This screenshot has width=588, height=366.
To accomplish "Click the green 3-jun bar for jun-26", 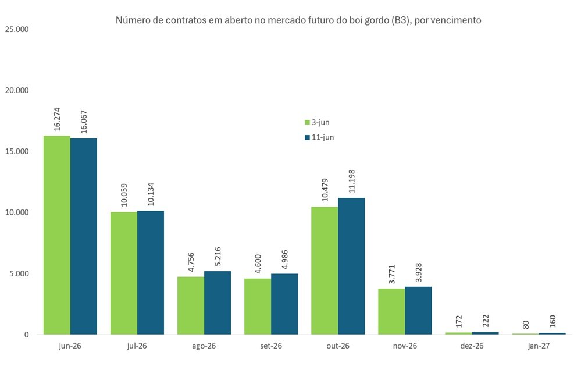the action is [57, 235].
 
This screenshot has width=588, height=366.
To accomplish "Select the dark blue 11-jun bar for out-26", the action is [351, 266].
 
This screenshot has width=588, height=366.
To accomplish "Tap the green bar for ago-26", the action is [191, 305].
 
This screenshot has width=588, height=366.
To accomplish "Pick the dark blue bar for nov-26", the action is [419, 311].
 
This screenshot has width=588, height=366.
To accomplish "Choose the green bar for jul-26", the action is [124, 273].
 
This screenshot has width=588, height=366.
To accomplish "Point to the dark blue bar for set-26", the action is [284, 304].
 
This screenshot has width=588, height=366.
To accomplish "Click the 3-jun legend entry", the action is [317, 122].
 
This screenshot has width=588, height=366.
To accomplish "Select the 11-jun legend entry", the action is [319, 137].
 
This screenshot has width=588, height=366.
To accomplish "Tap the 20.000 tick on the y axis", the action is [17, 90].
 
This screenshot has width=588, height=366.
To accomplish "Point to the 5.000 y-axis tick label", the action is [19, 273].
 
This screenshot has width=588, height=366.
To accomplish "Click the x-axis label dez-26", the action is [472, 346].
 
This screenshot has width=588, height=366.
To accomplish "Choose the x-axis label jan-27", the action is [539, 346].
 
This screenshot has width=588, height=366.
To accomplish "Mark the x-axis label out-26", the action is [338, 346].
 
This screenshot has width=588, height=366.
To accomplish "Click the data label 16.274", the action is [57, 119].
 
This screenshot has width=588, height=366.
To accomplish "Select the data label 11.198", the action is [351, 182].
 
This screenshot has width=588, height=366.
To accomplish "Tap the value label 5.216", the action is [218, 257].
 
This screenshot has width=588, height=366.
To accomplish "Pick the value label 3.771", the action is [392, 275].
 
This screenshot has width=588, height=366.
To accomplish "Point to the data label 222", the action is [486, 321].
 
